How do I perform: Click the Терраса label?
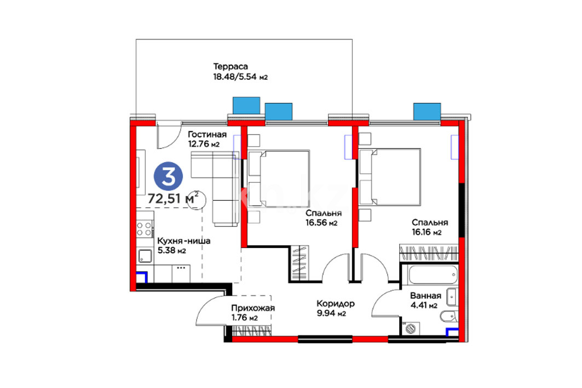tap(231, 67)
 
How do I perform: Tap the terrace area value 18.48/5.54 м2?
tap(240, 77)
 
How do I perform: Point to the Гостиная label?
tap(207, 134)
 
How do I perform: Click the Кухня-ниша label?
tap(184, 241)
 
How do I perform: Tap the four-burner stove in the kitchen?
tap(145, 229)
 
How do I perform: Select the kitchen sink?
tap(145, 256)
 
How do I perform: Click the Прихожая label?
tap(253, 308)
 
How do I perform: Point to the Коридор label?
tap(336, 303)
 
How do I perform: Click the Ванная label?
tap(425, 296)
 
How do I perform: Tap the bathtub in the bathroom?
tap(433, 275)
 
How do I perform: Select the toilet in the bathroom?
tap(449, 316)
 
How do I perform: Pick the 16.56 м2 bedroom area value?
tap(321, 223)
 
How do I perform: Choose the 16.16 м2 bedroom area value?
tap(427, 233)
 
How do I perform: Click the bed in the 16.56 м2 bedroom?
tap(279, 178)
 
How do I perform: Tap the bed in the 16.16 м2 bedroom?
tap(390, 177)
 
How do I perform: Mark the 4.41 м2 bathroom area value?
tap(424, 306)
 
